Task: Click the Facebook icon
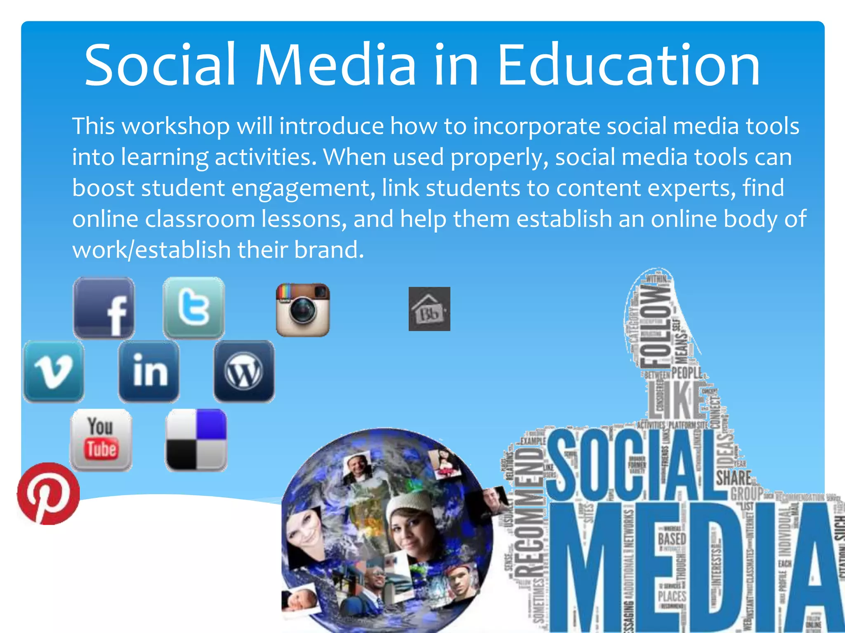(x=104, y=308)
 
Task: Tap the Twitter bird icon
(x=194, y=307)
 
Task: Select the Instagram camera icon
(x=303, y=310)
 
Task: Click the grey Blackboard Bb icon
(x=429, y=309)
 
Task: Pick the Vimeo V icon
(x=54, y=371)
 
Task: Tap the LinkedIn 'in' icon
(x=149, y=371)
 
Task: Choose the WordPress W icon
(x=244, y=371)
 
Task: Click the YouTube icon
(x=101, y=439)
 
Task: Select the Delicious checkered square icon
(x=196, y=439)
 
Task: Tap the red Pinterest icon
(x=48, y=493)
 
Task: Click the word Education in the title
(x=628, y=66)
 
